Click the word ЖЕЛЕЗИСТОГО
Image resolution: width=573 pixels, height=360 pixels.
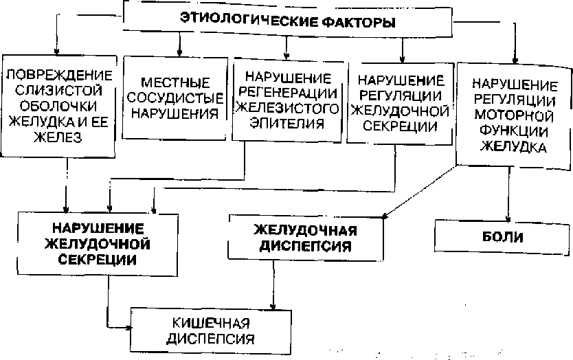(x=287, y=109)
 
